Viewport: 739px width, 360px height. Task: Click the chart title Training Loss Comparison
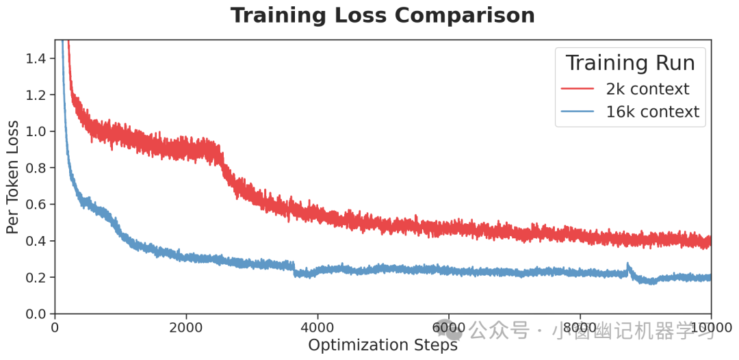[x=383, y=15]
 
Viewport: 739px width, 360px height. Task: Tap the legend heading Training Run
[x=630, y=63]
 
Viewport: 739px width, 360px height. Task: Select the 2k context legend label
[x=647, y=89]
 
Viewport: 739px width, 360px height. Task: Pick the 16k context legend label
[x=653, y=112]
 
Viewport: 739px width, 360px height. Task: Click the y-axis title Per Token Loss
[x=13, y=177]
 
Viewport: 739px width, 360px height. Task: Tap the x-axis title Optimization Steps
[x=383, y=345]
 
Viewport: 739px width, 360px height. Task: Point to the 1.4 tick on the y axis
[x=36, y=58]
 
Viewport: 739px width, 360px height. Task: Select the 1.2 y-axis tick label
[x=36, y=94]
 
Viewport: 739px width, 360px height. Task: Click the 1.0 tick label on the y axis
[x=36, y=131]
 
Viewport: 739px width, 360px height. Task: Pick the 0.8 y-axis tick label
[x=36, y=168]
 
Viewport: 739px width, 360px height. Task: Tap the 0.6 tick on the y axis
[x=36, y=205]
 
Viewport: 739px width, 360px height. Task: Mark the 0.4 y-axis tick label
[x=36, y=241]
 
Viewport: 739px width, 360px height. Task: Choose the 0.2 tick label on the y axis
[x=36, y=277]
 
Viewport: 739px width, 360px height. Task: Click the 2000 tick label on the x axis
[x=186, y=326]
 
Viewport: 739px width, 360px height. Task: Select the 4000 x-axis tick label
[x=317, y=326]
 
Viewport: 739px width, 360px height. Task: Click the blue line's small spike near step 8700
[x=627, y=266]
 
